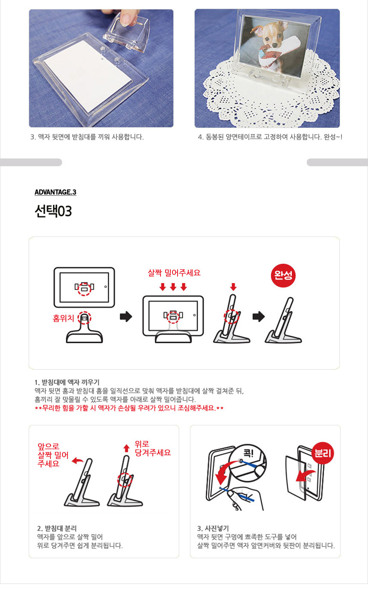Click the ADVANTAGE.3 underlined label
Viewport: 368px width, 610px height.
55,192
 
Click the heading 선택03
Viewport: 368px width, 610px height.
53,211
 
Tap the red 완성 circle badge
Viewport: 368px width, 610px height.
283,275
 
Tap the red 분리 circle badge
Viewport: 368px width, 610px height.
323,453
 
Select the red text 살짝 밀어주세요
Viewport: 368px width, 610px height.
174,272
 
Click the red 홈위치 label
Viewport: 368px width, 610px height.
63,318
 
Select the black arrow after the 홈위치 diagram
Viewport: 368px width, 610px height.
126,317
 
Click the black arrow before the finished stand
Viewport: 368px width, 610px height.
258,317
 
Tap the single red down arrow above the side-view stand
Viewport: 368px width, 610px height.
233,287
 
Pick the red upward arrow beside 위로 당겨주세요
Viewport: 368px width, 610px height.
127,448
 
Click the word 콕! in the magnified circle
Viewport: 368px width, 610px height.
248,453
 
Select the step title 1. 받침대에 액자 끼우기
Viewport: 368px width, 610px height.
67,382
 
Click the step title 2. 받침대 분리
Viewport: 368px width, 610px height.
57,528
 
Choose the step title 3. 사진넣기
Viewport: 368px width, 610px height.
213,528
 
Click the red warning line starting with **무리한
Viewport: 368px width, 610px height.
129,408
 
